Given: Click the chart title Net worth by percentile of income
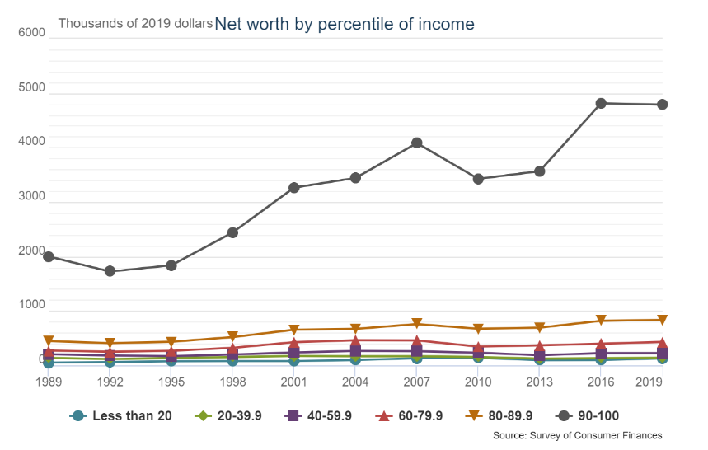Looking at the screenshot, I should click(345, 24).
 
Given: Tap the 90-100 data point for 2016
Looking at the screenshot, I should click(601, 103).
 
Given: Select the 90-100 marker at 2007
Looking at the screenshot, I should click(417, 143).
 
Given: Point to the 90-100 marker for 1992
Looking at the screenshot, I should click(110, 271).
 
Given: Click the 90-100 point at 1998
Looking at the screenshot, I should click(232, 232).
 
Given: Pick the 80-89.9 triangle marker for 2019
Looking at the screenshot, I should click(662, 320).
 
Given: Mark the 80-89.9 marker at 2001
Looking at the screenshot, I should click(294, 330).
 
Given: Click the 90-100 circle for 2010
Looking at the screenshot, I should click(478, 179).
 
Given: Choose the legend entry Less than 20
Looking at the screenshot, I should click(122, 416).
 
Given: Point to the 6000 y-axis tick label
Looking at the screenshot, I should click(30, 32).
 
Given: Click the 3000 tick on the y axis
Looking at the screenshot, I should click(30, 196).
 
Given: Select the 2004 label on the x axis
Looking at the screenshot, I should click(355, 382).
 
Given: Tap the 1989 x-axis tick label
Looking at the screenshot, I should click(49, 382).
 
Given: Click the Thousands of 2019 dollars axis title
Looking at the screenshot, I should click(135, 23).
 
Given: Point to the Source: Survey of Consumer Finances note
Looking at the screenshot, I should click(577, 435).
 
